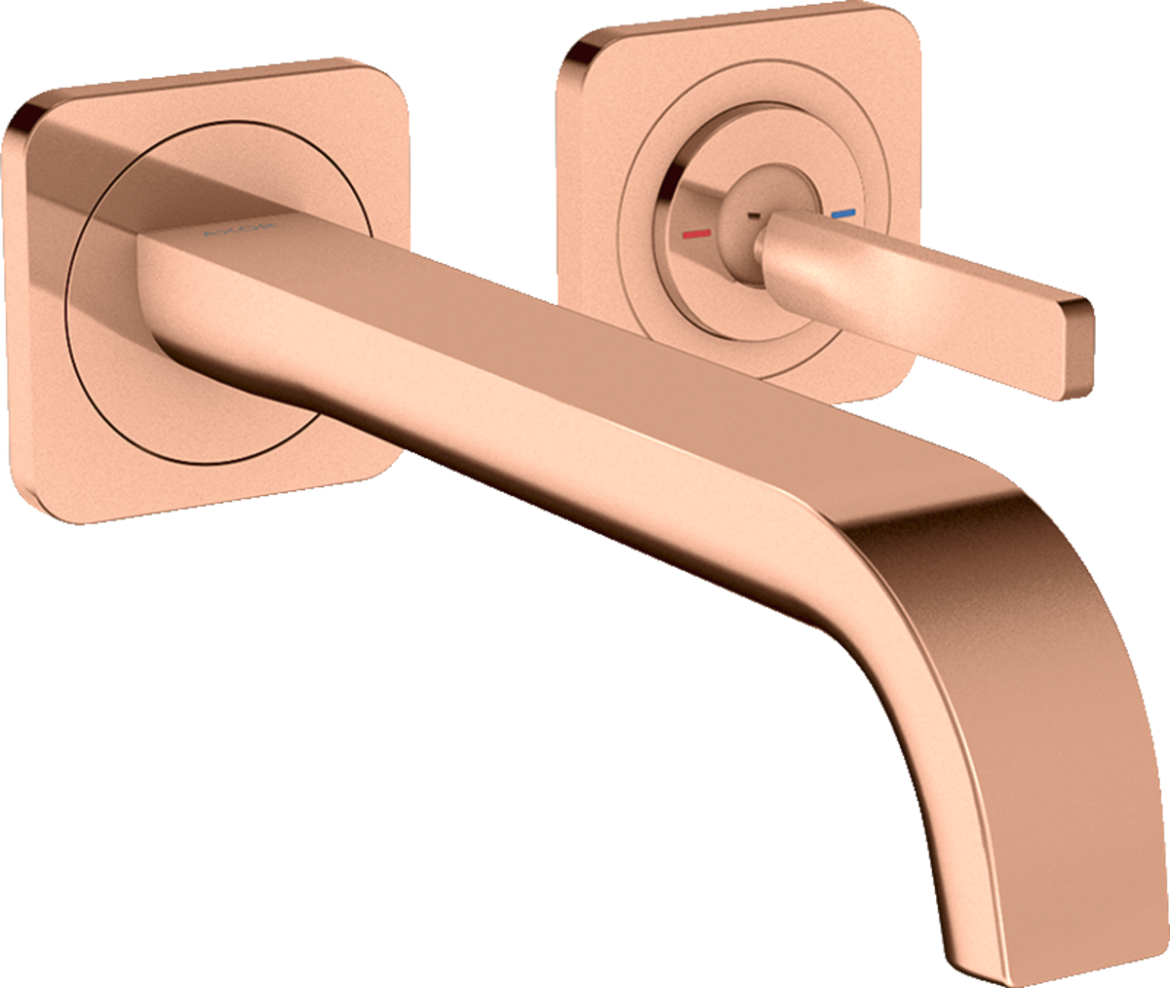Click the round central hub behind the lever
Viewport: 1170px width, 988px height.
[746, 200]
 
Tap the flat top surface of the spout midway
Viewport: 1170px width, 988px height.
[546, 331]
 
